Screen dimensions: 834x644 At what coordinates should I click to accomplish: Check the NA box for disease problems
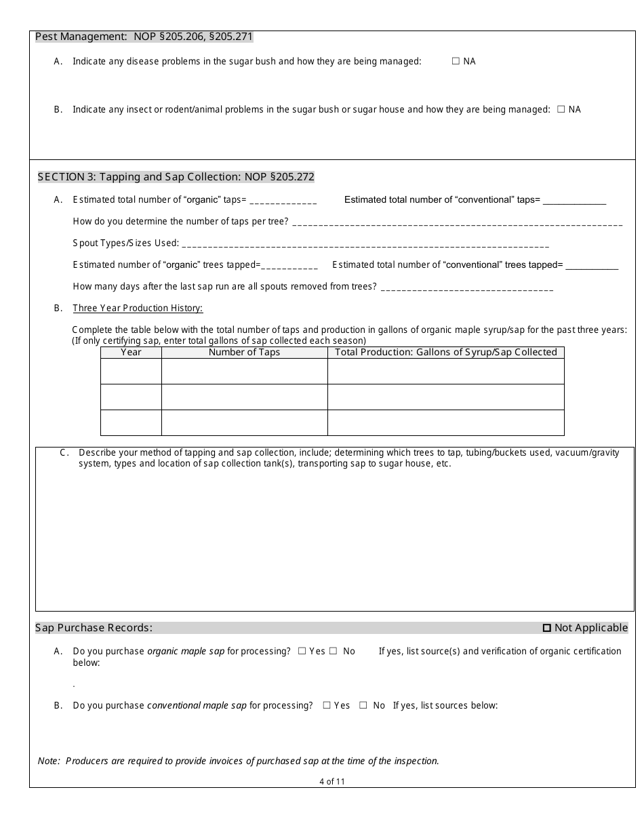(456, 61)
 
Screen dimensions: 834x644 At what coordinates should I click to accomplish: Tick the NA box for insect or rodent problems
(561, 109)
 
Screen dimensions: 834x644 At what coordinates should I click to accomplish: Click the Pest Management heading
(144, 37)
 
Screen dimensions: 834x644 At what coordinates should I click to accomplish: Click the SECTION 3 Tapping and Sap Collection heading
(176, 177)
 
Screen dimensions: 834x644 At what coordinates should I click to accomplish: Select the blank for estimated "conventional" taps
(574, 201)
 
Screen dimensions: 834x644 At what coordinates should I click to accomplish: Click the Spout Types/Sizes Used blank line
(365, 244)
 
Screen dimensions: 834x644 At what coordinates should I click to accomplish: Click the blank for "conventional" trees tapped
(592, 266)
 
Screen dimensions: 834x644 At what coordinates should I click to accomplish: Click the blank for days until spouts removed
(467, 287)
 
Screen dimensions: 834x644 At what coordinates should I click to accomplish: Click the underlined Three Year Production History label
(138, 309)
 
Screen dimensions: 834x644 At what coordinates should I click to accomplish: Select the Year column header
(131, 352)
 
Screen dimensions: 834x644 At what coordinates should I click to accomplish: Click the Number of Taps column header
(244, 352)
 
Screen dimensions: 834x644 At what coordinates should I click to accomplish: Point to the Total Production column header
(445, 352)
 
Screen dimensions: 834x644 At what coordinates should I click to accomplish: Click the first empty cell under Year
(131, 371)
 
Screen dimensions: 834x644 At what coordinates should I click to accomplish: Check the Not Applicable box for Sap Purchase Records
(547, 628)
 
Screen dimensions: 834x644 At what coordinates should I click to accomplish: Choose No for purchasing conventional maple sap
(363, 705)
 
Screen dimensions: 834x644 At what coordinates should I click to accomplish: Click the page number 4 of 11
(332, 781)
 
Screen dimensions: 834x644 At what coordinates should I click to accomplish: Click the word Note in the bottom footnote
(49, 761)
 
